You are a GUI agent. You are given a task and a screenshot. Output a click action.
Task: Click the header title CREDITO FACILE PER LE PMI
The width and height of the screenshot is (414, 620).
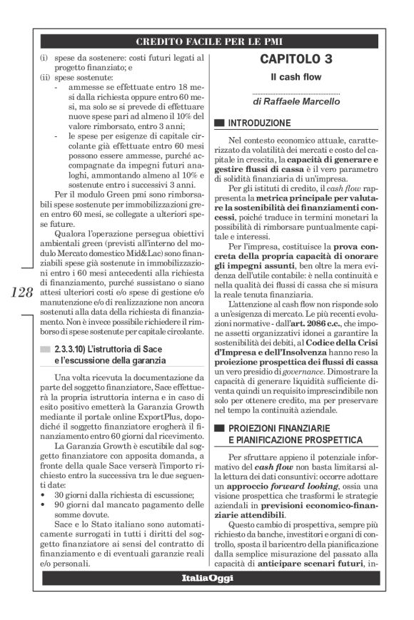click(x=207, y=41)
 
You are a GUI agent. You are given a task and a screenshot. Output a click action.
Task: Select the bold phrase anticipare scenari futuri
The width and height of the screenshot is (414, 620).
click(x=315, y=565)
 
